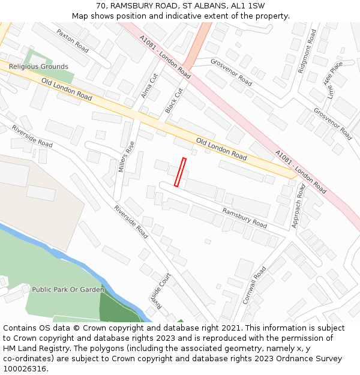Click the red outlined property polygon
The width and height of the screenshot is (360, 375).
click(180, 172)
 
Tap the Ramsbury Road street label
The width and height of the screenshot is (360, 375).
click(244, 218)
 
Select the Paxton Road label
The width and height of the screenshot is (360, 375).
click(72, 41)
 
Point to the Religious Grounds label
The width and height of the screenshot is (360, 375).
click(38, 67)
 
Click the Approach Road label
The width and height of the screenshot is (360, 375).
click(297, 206)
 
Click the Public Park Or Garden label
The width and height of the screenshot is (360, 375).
click(68, 289)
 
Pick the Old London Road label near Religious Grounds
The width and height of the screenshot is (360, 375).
click(67, 89)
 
